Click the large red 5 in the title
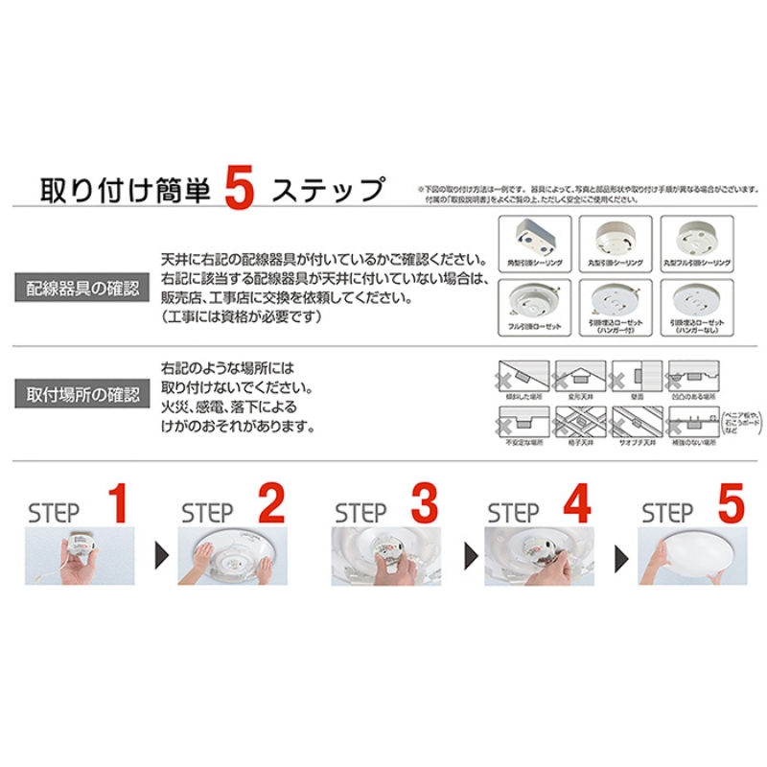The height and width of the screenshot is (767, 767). (x=239, y=190)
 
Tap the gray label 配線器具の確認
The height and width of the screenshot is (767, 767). (x=82, y=287)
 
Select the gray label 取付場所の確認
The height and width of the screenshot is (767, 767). (x=82, y=394)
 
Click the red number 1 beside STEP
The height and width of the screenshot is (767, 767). (x=117, y=505)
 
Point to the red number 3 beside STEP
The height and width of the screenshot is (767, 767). (x=423, y=505)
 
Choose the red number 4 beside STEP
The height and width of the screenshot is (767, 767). (x=576, y=505)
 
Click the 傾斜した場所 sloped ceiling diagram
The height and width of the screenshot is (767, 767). (x=523, y=375)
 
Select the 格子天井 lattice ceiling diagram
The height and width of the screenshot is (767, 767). (x=580, y=422)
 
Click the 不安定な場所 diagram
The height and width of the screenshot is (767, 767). (x=523, y=422)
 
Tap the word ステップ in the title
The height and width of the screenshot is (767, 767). (x=327, y=190)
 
